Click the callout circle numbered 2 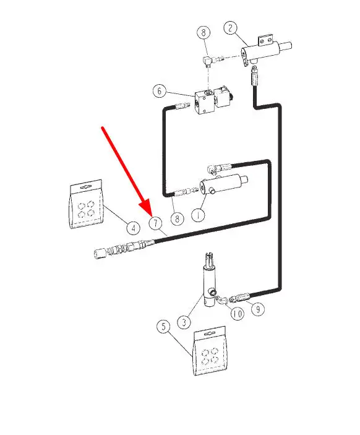point(231,28)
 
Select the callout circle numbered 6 point(160,91)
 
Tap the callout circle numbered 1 point(199,215)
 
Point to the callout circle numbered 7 point(156,223)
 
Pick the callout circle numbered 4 point(134,228)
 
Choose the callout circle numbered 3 point(184,322)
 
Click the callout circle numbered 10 point(238,314)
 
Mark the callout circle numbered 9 point(258,309)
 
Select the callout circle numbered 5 point(164,326)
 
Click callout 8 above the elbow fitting point(204,32)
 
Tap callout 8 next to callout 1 point(178,218)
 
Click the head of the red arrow point(150,215)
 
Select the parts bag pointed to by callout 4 point(86,204)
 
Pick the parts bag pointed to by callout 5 point(210,351)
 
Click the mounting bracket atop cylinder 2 point(266,40)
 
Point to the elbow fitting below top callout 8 point(208,61)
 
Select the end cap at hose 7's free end point(100,254)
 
